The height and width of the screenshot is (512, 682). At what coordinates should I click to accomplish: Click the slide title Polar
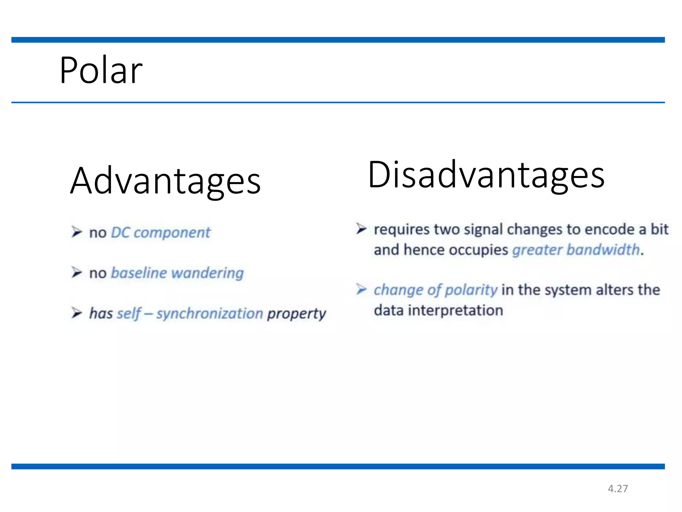click(101, 70)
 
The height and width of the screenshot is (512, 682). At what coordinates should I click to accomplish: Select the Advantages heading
click(166, 181)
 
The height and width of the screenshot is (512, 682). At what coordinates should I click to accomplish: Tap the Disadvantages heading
click(486, 175)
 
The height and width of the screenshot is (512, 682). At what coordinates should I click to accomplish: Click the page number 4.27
click(618, 489)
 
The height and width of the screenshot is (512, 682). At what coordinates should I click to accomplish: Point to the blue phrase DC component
click(161, 233)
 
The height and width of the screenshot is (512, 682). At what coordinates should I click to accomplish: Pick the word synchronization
click(210, 314)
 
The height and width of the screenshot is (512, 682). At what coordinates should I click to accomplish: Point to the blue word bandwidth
click(603, 250)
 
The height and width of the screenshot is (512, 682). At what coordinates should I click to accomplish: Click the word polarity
click(471, 290)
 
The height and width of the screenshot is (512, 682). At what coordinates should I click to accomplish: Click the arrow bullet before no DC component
click(77, 232)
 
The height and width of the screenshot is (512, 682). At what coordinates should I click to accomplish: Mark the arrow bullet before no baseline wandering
click(77, 272)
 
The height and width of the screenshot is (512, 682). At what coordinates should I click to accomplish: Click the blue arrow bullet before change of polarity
click(361, 289)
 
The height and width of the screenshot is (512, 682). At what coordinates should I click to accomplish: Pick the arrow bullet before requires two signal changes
click(361, 229)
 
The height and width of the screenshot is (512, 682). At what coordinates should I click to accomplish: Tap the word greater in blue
click(537, 250)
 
